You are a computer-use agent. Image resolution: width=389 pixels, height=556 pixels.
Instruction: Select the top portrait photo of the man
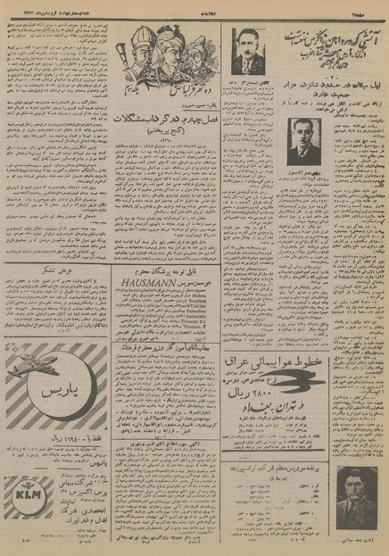(244, 53)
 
